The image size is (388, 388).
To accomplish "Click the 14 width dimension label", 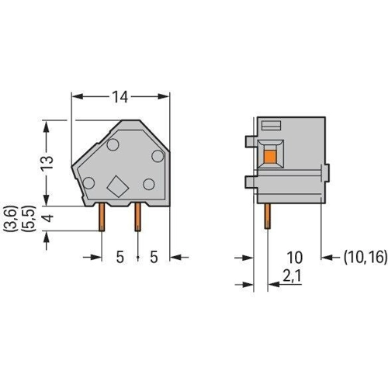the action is [x=120, y=97].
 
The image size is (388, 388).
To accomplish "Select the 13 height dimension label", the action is [x=47, y=162].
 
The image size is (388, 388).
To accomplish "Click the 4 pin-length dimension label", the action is [x=47, y=218].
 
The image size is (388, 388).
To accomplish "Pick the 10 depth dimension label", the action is [x=295, y=258].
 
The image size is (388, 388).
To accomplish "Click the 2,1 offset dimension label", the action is [x=292, y=276].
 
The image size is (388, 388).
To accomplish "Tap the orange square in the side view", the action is [x=270, y=157].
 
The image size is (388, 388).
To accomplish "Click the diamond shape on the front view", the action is [x=118, y=186].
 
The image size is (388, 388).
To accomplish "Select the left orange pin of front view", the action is [x=102, y=217].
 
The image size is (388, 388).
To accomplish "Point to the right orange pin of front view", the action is [x=138, y=217].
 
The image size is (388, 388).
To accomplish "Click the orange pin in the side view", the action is [x=267, y=216].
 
